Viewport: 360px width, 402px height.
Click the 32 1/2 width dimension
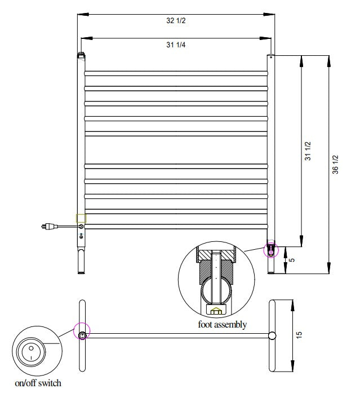coord(176,21)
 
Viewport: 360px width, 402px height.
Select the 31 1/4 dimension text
coord(176,45)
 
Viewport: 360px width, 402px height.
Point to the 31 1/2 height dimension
coord(308,152)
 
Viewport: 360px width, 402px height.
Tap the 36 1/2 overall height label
coord(335,164)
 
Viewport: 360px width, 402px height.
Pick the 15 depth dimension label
coord(300,335)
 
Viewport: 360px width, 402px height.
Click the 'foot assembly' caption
coord(222,325)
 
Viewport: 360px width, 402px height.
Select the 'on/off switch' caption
coord(38,383)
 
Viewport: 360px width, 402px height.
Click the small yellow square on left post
coord(82,218)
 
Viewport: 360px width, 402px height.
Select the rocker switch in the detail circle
coord(28,353)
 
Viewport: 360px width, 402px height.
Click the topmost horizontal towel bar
coord(176,73)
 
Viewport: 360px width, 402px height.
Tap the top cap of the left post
coord(81,56)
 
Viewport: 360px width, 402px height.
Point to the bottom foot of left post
coord(82,262)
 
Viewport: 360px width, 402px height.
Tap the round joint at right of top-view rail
coord(272,335)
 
